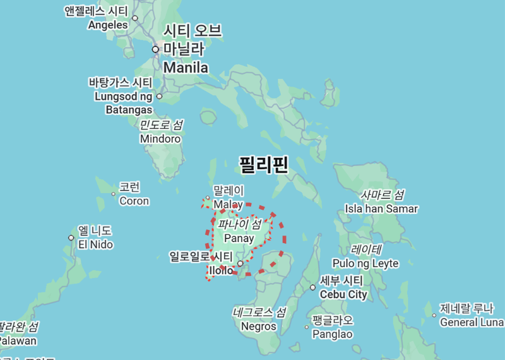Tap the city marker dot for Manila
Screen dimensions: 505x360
(155, 49)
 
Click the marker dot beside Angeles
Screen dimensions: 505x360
(135, 18)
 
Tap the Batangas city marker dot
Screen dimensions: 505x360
(159, 97)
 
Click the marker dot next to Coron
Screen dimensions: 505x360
(113, 193)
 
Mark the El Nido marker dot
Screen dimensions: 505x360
(71, 237)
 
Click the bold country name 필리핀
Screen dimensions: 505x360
(263, 165)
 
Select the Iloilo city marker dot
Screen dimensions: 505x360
(241, 263)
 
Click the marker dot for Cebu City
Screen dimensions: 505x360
(313, 287)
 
